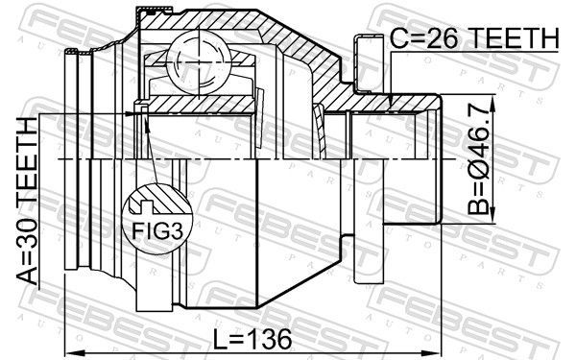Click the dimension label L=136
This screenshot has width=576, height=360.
252,339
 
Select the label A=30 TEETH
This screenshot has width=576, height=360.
27,202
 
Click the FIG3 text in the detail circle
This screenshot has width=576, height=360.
157,230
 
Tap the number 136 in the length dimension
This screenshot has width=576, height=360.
268,339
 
